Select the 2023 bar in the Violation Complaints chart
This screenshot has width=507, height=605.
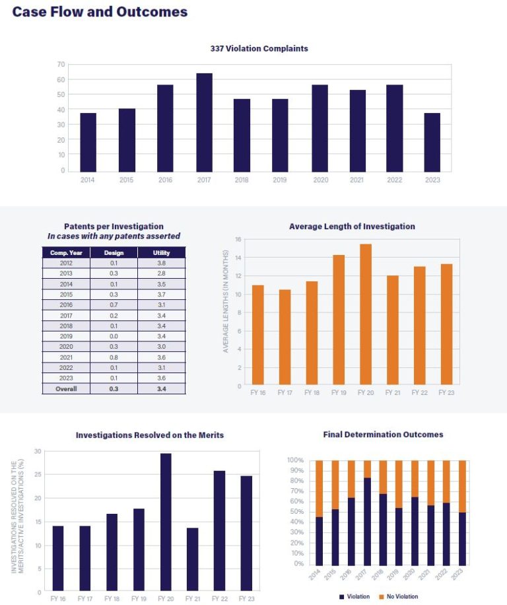click(x=432, y=142)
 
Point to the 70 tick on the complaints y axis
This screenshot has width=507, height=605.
click(x=61, y=65)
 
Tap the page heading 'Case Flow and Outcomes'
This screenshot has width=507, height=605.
click(x=100, y=12)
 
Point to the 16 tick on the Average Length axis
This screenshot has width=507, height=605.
click(x=239, y=240)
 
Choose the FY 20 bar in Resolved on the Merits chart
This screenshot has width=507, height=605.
click(x=166, y=522)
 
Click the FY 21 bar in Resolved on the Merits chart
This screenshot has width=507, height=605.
click(x=192, y=559)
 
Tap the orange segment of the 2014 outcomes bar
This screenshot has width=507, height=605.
click(x=320, y=489)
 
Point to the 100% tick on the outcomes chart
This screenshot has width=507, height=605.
click(x=295, y=460)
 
